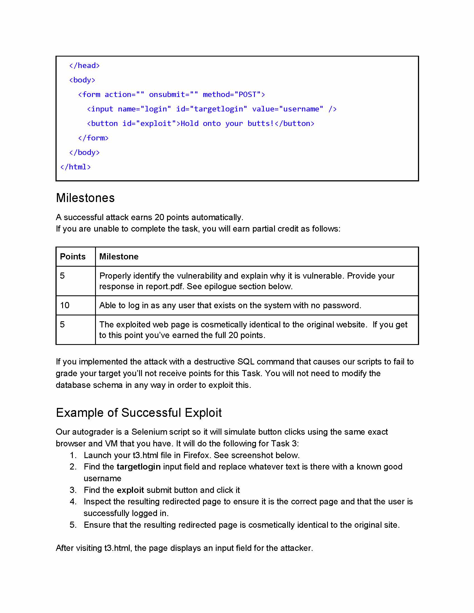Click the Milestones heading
click(x=85, y=198)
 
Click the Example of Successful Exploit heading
click(x=139, y=413)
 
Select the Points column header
click(x=73, y=257)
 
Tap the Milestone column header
click(x=119, y=257)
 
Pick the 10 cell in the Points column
click(x=65, y=305)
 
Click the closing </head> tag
click(x=84, y=66)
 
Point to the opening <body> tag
click(x=82, y=80)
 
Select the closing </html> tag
click(x=76, y=167)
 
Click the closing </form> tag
click(x=93, y=138)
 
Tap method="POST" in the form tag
click(x=234, y=94)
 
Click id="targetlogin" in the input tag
click(x=211, y=109)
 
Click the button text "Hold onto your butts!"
click(x=227, y=124)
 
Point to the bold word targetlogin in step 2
click(x=139, y=467)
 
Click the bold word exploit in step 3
click(x=130, y=490)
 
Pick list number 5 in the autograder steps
click(x=73, y=525)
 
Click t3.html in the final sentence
click(x=117, y=548)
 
